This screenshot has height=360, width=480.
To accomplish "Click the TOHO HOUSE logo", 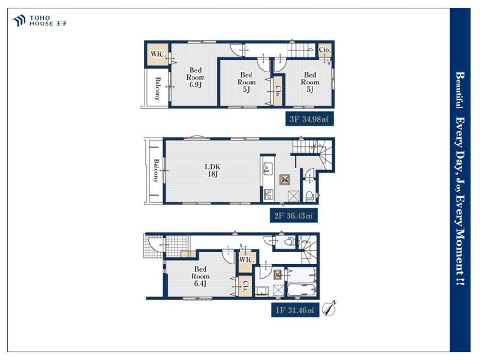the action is pyautogui.click(x=39, y=21).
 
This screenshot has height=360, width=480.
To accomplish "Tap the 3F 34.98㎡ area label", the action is pyautogui.click(x=309, y=119).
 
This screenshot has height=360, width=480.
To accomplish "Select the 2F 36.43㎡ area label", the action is pyautogui.click(x=294, y=216).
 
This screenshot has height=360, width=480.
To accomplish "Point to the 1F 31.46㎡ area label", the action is pyautogui.click(x=295, y=310).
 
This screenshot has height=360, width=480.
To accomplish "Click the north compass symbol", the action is pyautogui.click(x=330, y=308).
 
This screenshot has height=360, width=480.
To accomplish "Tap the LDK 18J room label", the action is pyautogui.click(x=213, y=170).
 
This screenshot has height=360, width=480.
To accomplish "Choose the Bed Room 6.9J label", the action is pyautogui.click(x=195, y=77).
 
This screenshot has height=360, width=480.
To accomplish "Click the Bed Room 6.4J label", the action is pyautogui.click(x=200, y=276).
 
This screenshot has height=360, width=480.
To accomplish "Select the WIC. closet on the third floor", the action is pyautogui.click(x=158, y=55).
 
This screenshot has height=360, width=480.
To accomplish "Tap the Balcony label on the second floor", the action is pyautogui.click(x=156, y=170).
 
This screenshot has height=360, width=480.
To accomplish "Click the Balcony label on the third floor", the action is pyautogui.click(x=157, y=89).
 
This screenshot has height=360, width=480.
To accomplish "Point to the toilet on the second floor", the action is pyautogui.click(x=310, y=195).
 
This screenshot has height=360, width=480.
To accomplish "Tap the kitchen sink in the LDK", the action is pyautogui.click(x=268, y=168).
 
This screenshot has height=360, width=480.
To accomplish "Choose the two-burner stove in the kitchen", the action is pyautogui.click(x=268, y=194).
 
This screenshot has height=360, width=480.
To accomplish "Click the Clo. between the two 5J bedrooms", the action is pyautogui.click(x=277, y=91).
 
